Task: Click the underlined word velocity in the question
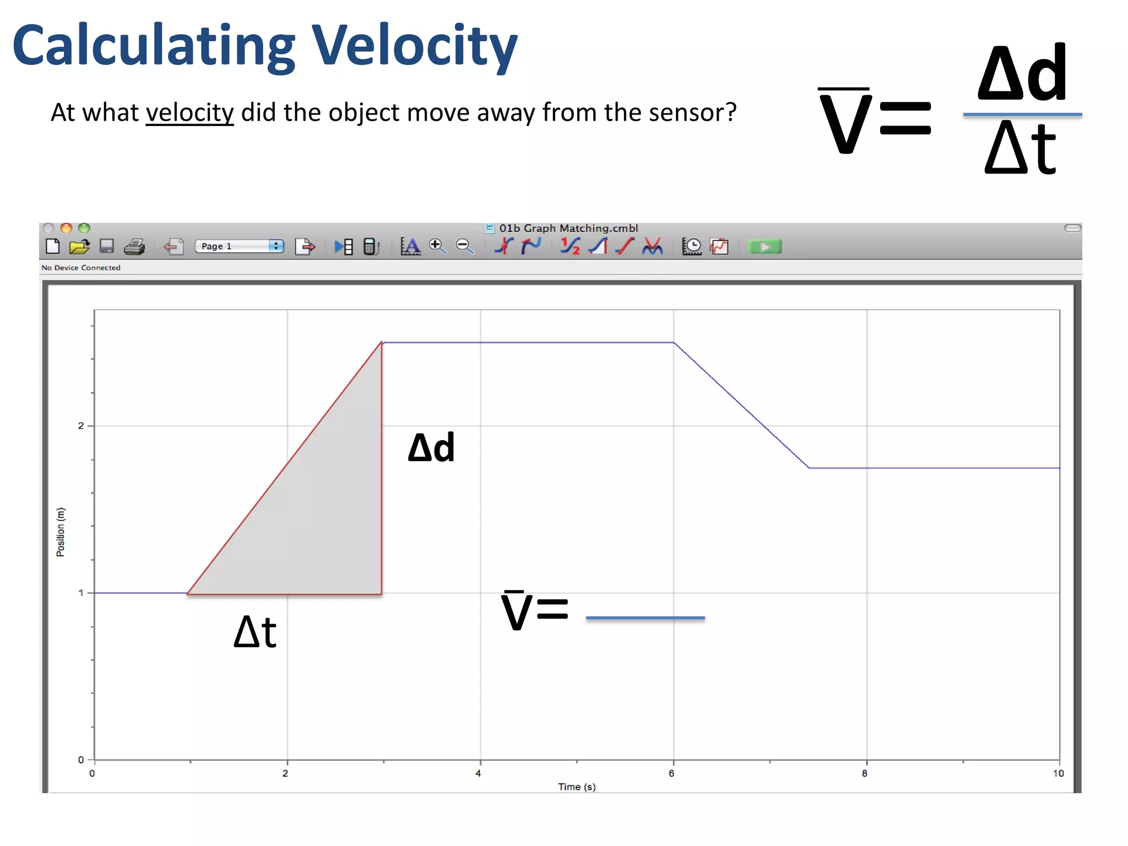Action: click(x=189, y=113)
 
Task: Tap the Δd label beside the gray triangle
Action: click(x=431, y=447)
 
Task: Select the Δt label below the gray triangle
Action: click(x=255, y=632)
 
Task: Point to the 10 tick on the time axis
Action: click(x=1058, y=773)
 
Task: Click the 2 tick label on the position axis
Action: click(x=81, y=426)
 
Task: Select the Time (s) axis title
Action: click(x=577, y=787)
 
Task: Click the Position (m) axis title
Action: click(x=61, y=532)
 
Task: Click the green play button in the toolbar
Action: click(x=764, y=247)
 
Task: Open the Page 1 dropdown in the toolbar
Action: click(x=239, y=246)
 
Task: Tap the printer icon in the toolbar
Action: click(x=134, y=247)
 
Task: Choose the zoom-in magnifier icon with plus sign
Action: click(x=437, y=246)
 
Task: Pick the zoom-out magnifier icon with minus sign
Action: click(x=465, y=246)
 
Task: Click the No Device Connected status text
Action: click(x=81, y=268)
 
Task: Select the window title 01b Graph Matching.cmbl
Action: click(x=568, y=228)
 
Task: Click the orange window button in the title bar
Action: click(x=66, y=228)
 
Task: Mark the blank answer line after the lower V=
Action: click(x=645, y=617)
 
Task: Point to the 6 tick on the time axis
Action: click(x=671, y=773)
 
